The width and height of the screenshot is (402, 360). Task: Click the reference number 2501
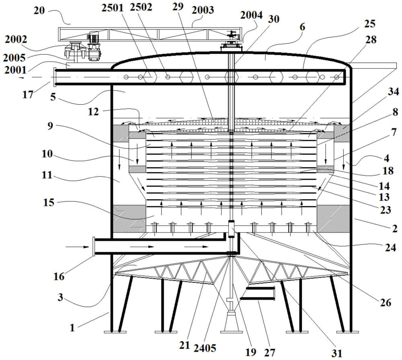(113, 8)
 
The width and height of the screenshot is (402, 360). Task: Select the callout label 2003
(203, 10)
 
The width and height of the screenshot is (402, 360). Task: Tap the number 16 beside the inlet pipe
(59, 277)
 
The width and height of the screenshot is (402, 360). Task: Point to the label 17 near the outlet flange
(28, 95)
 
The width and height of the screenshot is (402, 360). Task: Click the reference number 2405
(205, 348)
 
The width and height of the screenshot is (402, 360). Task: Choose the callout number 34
(393, 92)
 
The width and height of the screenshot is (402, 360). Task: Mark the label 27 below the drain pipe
(269, 353)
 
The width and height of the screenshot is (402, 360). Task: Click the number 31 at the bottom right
(336, 353)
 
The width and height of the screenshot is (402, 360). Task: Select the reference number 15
(49, 202)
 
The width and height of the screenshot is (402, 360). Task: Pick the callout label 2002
(16, 39)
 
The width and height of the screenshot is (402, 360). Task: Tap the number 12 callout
(93, 111)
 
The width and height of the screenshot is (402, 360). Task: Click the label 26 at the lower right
(386, 303)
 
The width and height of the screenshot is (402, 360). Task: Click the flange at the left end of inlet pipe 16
(94, 247)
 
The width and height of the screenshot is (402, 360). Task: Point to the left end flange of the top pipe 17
(55, 77)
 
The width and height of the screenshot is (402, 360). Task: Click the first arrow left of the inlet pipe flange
(78, 247)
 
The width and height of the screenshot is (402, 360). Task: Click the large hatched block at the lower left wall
(129, 219)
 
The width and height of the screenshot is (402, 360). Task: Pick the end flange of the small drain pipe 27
(274, 293)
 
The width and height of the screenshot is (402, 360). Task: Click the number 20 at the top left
(39, 10)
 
